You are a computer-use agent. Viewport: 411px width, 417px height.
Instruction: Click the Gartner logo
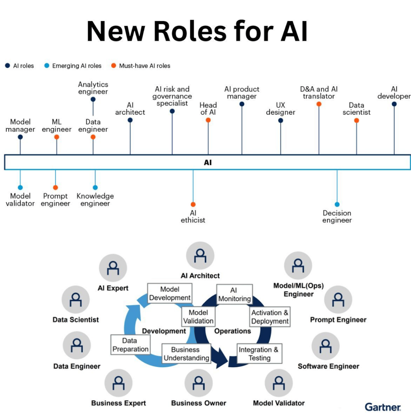(x=383, y=407)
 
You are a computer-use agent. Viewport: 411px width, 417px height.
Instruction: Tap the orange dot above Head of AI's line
(x=208, y=120)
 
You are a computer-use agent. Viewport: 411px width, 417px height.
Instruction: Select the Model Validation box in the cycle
(x=198, y=317)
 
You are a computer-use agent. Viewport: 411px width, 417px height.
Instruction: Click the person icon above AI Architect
(x=200, y=255)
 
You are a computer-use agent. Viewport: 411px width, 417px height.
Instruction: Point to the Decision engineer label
(x=337, y=217)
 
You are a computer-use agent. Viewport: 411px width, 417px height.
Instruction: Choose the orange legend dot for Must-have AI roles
(x=114, y=66)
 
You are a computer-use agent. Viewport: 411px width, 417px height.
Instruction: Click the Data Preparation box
(x=130, y=345)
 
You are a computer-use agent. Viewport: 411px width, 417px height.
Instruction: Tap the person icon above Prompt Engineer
(x=338, y=300)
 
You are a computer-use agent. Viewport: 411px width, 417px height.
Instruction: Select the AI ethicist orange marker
(x=193, y=204)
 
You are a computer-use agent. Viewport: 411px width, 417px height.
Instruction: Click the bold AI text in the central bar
(x=208, y=162)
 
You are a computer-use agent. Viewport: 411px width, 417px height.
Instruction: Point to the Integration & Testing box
(x=260, y=353)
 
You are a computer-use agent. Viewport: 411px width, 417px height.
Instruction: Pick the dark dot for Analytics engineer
(x=93, y=99)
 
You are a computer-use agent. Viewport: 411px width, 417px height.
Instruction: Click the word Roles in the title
(x=190, y=31)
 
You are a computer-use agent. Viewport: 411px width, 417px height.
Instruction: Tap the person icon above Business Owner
(x=199, y=383)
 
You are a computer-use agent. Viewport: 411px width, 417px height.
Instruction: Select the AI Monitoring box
(x=234, y=294)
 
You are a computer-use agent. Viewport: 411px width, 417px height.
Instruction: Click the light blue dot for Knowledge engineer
(x=95, y=188)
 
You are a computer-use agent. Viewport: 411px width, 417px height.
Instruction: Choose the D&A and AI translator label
(x=319, y=93)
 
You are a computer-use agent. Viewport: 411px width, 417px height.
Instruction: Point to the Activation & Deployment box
(x=270, y=317)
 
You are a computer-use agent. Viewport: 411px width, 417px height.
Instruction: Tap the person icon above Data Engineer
(x=77, y=345)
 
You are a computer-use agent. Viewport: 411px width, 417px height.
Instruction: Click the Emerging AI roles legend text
(x=77, y=66)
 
